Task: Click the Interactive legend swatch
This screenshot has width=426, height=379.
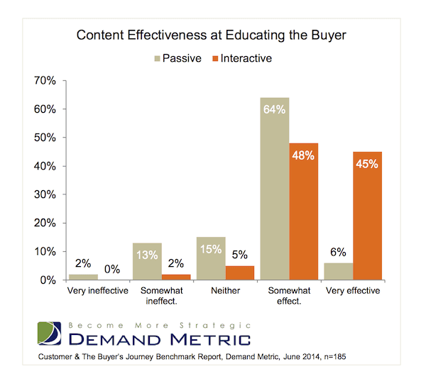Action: [215, 57]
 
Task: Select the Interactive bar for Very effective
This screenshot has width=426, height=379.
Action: [367, 216]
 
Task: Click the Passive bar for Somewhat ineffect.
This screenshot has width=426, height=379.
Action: [146, 261]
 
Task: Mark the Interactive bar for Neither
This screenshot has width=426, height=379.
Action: [240, 273]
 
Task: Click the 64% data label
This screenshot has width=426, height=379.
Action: [274, 109]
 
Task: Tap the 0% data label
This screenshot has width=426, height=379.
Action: [112, 269]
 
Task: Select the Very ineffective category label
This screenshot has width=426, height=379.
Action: [98, 291]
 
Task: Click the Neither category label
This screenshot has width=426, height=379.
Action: [226, 291]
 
